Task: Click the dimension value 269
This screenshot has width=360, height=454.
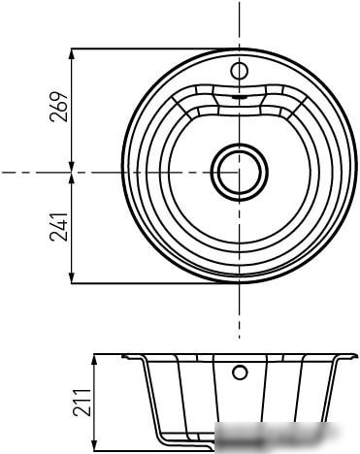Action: [59, 107]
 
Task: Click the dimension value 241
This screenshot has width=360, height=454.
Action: [59, 227]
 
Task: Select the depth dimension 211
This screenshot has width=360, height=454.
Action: [82, 403]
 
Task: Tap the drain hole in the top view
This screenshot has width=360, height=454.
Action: [239, 172]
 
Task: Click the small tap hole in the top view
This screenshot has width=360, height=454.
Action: [239, 71]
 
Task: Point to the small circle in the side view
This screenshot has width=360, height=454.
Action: [240, 373]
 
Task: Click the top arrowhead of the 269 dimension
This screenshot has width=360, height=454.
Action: [72, 54]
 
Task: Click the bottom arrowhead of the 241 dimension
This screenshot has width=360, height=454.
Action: [72, 277]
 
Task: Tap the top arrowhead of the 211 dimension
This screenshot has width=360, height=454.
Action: [94, 360]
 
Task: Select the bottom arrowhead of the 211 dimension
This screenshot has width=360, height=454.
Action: [94, 444]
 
